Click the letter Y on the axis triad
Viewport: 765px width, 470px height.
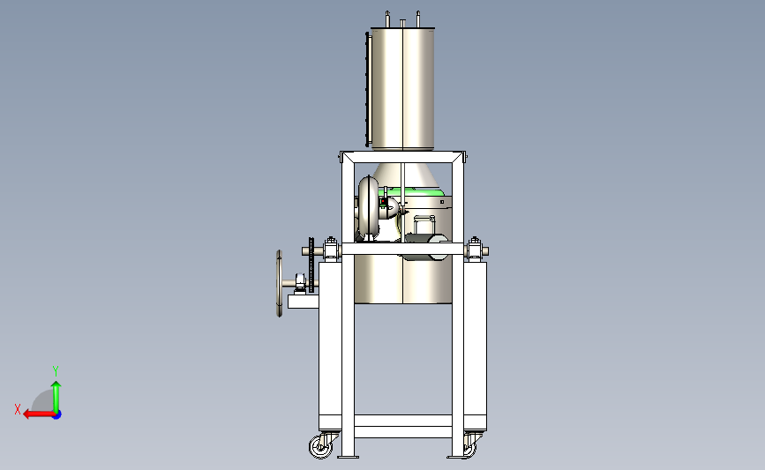pyautogui.click(x=56, y=371)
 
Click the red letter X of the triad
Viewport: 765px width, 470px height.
pyautogui.click(x=18, y=409)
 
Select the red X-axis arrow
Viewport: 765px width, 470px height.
pyautogui.click(x=40, y=414)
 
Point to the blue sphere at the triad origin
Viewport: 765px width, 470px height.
pyautogui.click(x=56, y=415)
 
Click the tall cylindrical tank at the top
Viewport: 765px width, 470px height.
pyautogui.click(x=402, y=89)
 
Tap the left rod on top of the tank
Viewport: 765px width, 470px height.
pyautogui.click(x=387, y=19)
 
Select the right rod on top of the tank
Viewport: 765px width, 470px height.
pyautogui.click(x=418, y=19)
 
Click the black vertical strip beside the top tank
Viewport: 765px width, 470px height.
pyautogui.click(x=367, y=89)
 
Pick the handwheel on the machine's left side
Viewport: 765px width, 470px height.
pyautogui.click(x=280, y=283)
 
